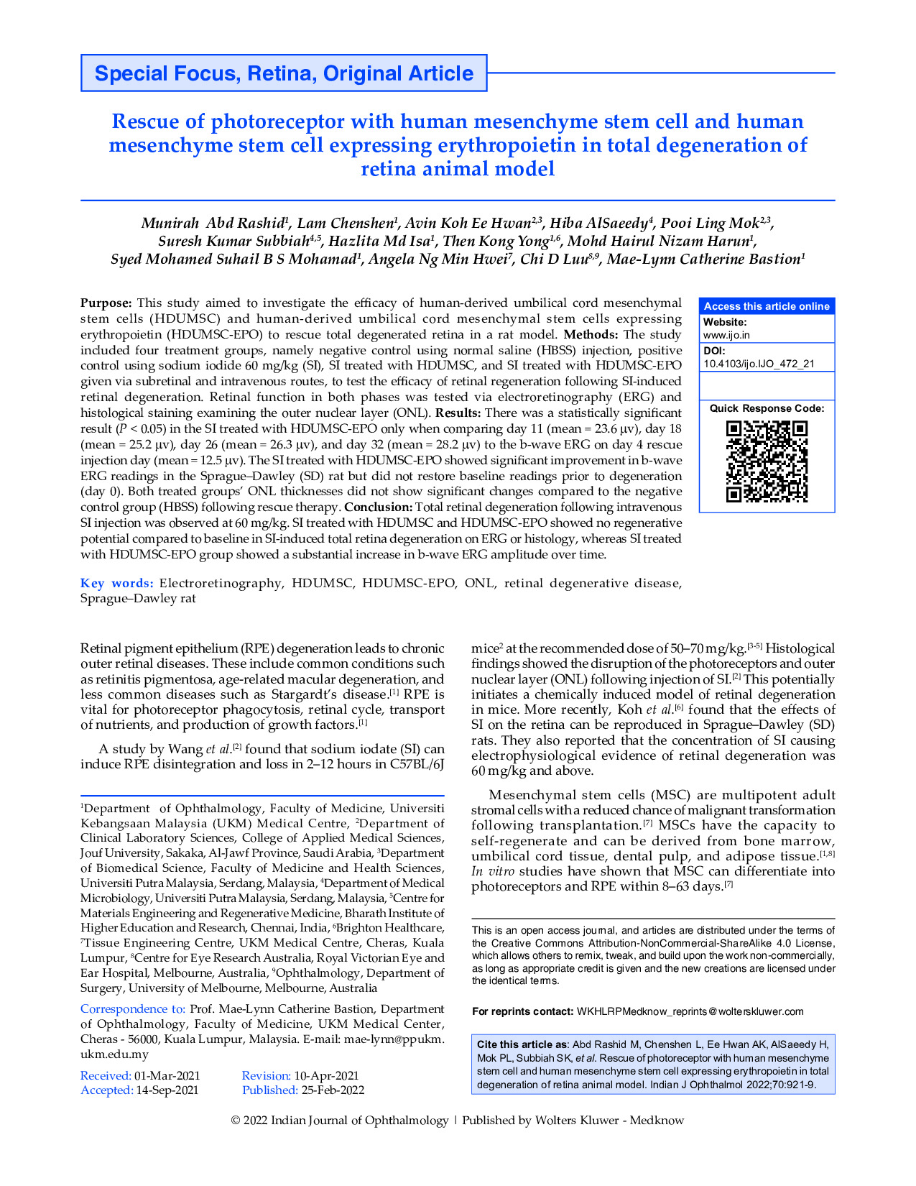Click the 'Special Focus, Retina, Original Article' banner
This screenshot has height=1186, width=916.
(x=284, y=73)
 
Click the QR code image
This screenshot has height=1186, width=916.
(x=767, y=461)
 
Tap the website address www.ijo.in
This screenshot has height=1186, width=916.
(x=726, y=335)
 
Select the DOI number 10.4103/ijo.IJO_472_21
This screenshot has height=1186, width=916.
(x=759, y=364)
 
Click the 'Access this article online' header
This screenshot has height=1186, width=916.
(x=767, y=306)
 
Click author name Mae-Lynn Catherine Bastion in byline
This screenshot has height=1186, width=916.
(x=705, y=259)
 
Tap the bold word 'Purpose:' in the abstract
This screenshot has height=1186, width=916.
(x=106, y=303)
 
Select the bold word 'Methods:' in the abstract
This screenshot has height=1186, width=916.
(x=591, y=334)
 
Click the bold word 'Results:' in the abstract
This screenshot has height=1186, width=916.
(x=458, y=413)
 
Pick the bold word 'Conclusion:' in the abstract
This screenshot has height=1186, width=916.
(x=379, y=507)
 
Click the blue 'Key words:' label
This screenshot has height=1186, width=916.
(x=116, y=583)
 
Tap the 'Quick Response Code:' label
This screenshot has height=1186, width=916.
(x=767, y=408)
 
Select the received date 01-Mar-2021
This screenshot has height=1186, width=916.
(x=167, y=1076)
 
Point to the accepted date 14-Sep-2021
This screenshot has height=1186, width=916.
(x=167, y=1090)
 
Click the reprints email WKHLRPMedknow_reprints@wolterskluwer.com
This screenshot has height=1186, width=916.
(x=690, y=1011)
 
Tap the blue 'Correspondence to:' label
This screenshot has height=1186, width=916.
(x=133, y=1009)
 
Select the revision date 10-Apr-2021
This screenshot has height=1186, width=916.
(x=326, y=1076)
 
